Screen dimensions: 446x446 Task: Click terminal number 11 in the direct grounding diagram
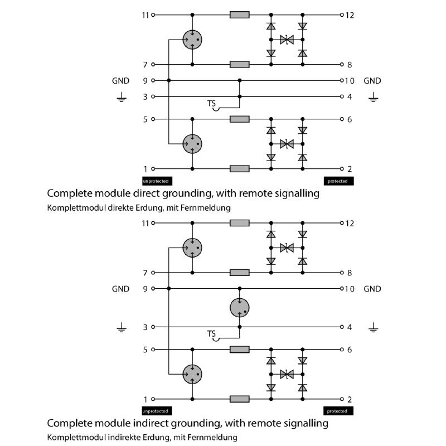(145, 15)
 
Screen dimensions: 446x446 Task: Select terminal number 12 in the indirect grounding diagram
(350, 224)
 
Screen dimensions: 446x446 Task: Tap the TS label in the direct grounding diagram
(211, 104)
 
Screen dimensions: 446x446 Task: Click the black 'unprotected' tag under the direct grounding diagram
(156, 181)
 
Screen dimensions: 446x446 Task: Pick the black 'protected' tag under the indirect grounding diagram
(338, 411)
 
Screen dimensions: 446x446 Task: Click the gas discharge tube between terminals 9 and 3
(240, 307)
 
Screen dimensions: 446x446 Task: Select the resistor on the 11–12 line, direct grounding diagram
(240, 15)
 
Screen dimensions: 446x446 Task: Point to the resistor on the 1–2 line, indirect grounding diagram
(240, 399)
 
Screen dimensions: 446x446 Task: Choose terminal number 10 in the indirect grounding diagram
(350, 289)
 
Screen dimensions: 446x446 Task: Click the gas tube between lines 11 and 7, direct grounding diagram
(192, 39)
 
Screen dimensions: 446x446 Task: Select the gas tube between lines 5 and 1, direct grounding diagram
(192, 144)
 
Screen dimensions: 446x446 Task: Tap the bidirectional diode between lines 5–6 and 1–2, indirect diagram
(287, 374)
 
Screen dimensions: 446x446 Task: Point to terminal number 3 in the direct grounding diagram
(146, 97)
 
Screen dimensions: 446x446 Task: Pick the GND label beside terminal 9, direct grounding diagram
(120, 81)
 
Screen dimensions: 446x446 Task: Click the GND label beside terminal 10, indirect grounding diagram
(372, 289)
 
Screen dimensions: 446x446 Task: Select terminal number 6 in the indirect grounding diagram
(350, 350)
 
